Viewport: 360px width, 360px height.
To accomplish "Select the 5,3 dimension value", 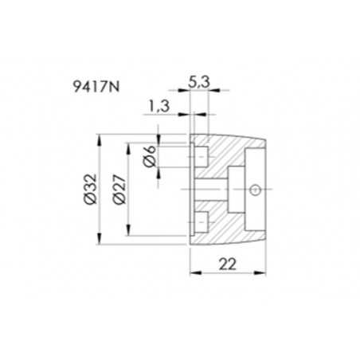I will point(200,80).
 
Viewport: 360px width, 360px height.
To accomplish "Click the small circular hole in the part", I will point(253,190).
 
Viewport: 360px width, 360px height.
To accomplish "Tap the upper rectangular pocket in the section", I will point(202,153).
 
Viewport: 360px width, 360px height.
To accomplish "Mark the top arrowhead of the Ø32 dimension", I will point(99,139).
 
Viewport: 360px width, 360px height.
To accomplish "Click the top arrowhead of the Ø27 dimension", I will point(127,147).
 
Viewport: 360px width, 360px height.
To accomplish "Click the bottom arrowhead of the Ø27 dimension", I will point(127,234).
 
